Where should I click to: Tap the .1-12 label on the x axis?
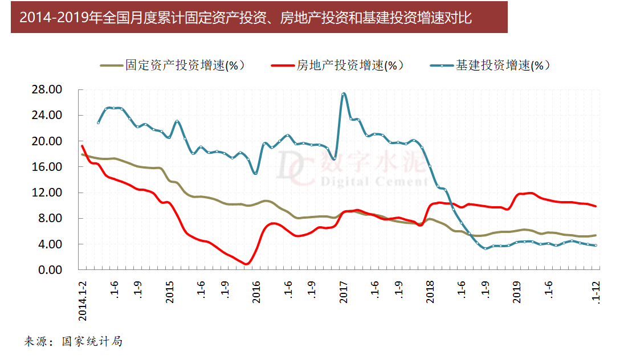pos(597,291)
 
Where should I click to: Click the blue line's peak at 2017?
pos(343,94)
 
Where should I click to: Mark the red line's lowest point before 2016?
pos(246,264)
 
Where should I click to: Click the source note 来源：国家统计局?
pos(74,342)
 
